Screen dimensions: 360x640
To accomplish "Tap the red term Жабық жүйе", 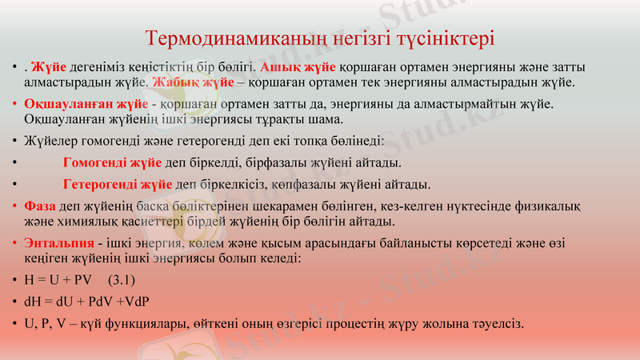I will pos(188,82).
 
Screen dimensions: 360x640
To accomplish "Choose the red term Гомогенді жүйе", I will pos(112,163).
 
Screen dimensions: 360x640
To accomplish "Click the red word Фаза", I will pos(40,206).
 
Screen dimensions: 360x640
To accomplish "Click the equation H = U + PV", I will pos(58,280).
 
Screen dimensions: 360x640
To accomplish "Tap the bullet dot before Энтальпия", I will pos(15,243).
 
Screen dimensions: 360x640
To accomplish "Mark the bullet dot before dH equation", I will pos(15,302).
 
